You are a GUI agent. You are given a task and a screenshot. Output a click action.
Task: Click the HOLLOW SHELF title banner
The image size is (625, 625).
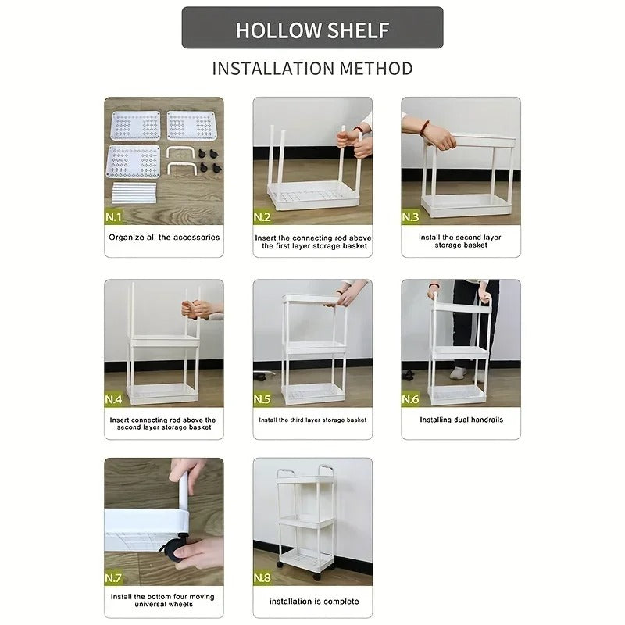(x=312, y=29)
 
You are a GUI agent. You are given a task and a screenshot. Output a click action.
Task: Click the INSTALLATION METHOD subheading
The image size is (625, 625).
(x=312, y=68)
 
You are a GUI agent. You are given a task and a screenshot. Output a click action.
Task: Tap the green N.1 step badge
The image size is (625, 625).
(x=114, y=216)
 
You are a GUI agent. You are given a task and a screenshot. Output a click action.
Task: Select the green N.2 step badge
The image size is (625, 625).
(x=262, y=216)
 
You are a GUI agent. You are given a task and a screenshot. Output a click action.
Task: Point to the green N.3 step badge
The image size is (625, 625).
(x=411, y=216)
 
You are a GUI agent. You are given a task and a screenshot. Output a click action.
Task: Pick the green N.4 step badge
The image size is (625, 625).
(x=114, y=399)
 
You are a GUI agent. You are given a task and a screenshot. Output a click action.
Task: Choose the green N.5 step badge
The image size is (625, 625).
(x=262, y=399)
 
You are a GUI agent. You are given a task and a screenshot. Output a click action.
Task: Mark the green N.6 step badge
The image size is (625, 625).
(x=411, y=399)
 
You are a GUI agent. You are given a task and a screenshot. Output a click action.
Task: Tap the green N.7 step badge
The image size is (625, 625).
(x=114, y=579)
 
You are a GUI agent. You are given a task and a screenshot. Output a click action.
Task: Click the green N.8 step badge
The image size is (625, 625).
(x=262, y=579)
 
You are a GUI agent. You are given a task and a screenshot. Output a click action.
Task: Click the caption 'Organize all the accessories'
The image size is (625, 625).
(x=164, y=237)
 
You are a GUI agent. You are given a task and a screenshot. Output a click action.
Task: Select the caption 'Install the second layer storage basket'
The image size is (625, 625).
(x=460, y=241)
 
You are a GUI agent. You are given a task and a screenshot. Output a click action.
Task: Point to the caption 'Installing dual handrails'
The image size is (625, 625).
(x=460, y=420)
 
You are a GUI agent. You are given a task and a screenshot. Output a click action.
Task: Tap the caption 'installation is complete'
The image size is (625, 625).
(x=313, y=602)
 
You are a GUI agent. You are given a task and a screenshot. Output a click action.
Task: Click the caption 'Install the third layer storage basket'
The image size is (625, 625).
(x=312, y=420)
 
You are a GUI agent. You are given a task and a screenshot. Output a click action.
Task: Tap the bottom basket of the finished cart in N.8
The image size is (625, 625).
(x=305, y=558)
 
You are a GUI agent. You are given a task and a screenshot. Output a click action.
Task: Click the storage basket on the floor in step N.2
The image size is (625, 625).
(x=312, y=193)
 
